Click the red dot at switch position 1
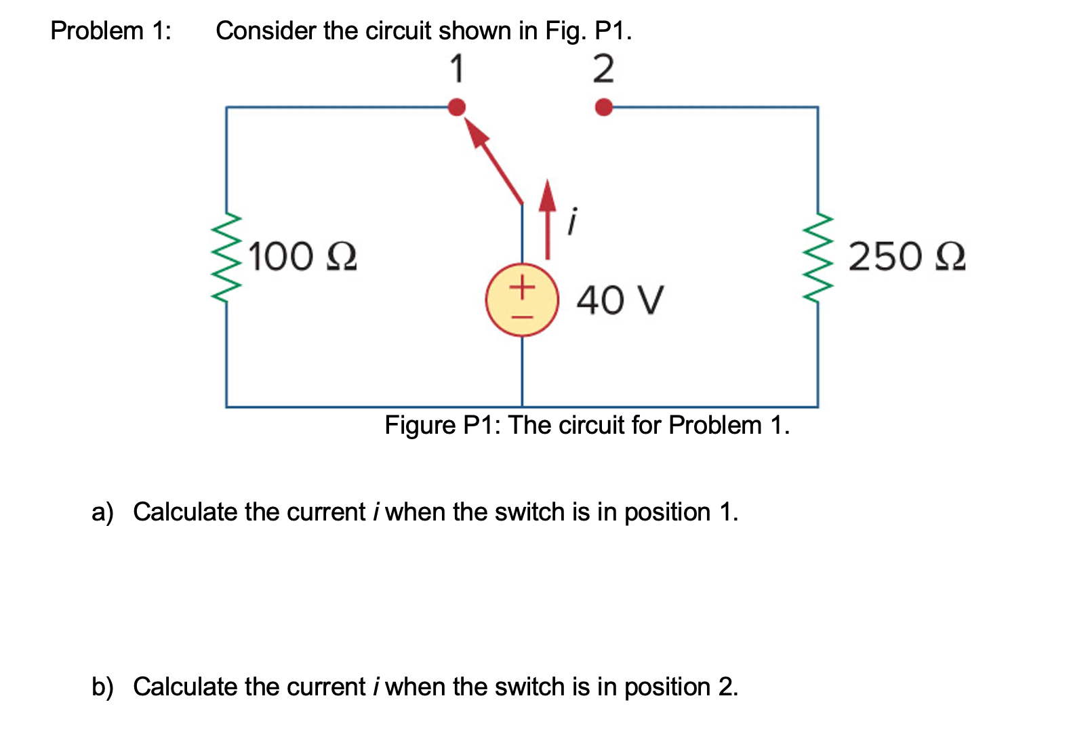pos(458,107)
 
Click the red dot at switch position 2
pos(603,107)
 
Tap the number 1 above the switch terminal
pos(458,69)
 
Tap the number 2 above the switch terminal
pos(603,69)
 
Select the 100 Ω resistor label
pos(302,257)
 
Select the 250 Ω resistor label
pos(906,257)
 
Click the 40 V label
pos(620,300)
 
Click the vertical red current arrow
pos(548,220)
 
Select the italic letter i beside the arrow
pos(573,222)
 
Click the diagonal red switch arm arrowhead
pos(477,134)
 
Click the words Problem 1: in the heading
pos(111,31)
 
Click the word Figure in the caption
pos(420,426)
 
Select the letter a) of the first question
pos(102,512)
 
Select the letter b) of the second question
pos(102,687)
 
